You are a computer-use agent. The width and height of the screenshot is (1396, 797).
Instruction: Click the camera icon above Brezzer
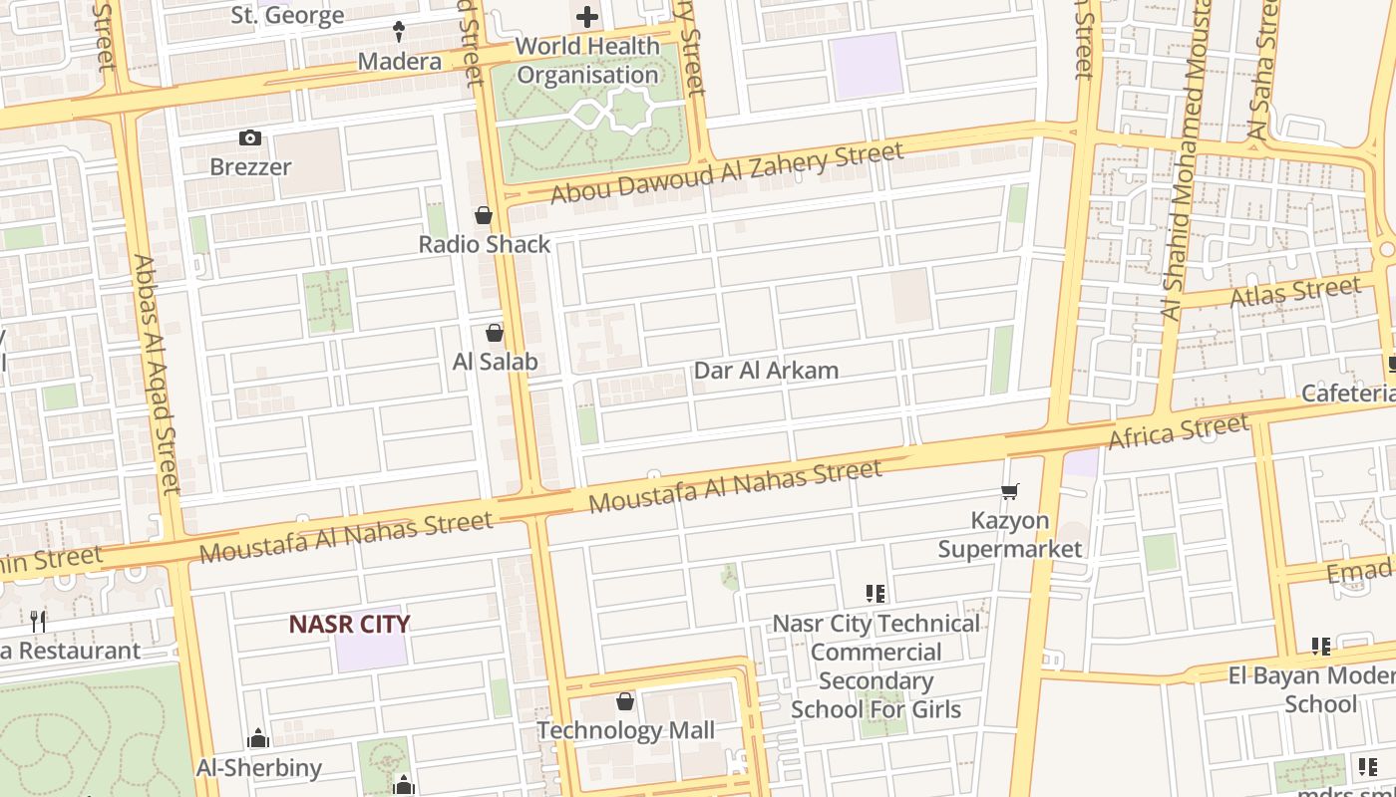(x=250, y=138)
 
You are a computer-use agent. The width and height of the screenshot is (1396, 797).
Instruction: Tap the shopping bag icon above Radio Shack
(x=484, y=215)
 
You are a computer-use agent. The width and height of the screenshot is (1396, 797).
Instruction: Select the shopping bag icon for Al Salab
(x=495, y=333)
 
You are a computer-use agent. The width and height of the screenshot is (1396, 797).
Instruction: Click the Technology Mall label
(x=625, y=730)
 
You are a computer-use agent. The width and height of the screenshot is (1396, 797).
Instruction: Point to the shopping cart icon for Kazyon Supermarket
(x=1010, y=491)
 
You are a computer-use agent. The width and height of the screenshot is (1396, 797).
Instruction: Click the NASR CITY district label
(x=349, y=624)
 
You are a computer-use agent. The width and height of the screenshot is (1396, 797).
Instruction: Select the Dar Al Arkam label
(x=766, y=371)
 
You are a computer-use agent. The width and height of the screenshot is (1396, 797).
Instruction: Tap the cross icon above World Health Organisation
(x=587, y=17)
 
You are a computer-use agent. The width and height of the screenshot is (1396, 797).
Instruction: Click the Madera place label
(x=399, y=62)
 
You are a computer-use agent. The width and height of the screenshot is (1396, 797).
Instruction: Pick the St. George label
(x=287, y=15)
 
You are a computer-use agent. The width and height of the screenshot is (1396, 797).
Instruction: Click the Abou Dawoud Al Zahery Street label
(x=727, y=172)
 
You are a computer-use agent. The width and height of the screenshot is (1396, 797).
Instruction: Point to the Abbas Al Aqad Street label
(x=157, y=374)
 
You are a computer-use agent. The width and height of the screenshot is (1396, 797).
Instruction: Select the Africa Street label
(x=1179, y=431)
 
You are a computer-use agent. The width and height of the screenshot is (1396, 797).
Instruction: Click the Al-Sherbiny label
(x=258, y=767)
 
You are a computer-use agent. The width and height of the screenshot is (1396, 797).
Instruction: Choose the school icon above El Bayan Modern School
(x=1321, y=647)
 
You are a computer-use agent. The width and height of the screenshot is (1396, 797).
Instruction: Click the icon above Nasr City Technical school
(x=875, y=595)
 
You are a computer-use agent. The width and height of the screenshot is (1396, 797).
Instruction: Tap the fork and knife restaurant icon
(x=38, y=622)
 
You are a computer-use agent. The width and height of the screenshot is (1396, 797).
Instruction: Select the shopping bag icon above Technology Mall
(x=625, y=702)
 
